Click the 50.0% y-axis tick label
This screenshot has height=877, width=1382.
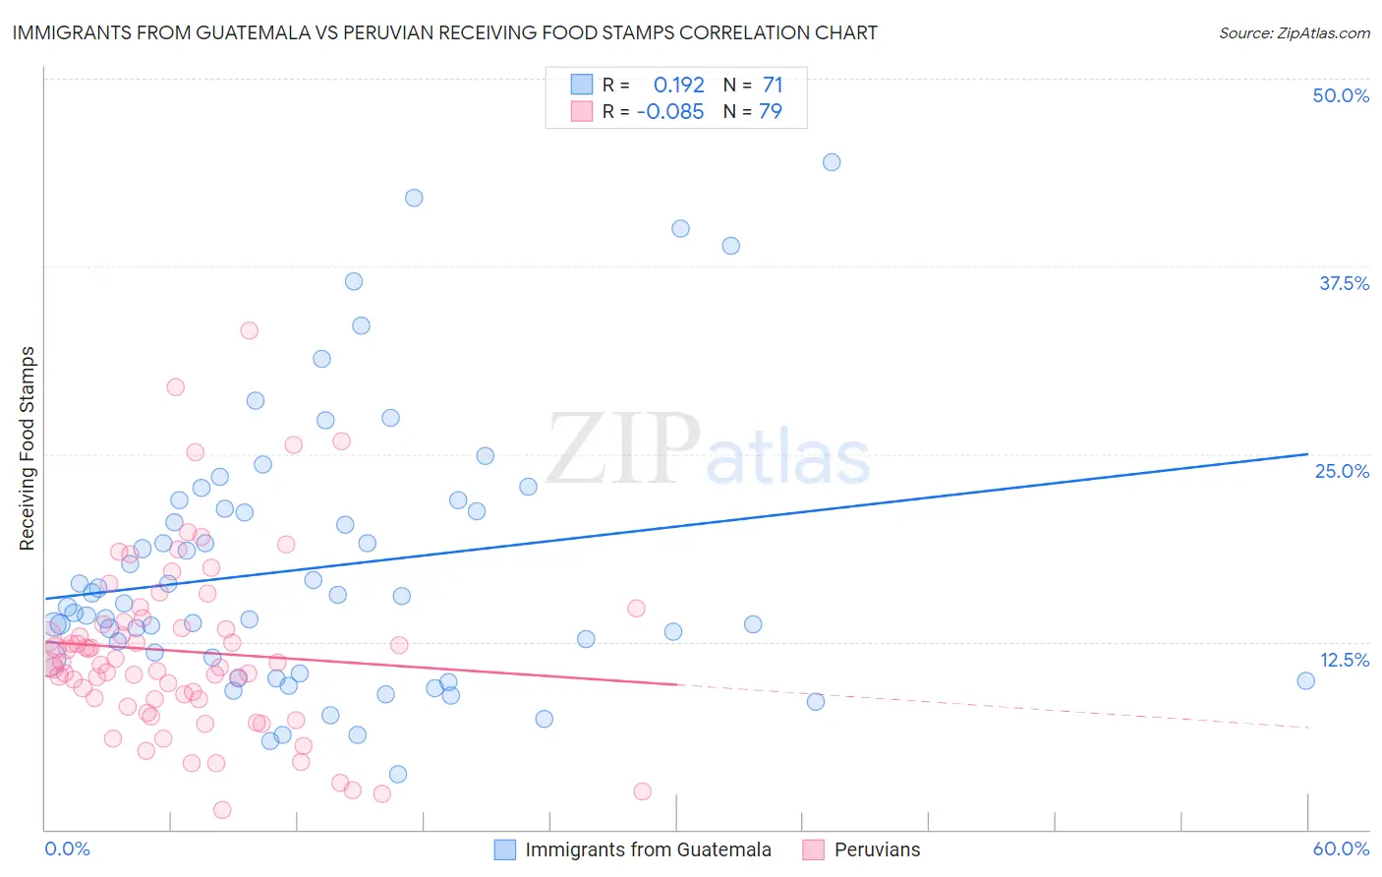pos(1341,95)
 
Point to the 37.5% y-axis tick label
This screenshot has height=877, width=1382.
pos(1344,283)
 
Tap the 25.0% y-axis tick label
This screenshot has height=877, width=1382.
pos(1342,471)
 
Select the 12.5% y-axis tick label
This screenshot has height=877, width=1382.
pos(1344,660)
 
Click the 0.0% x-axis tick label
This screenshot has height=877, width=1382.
pos(67,848)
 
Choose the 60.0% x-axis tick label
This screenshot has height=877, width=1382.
pos(1341,848)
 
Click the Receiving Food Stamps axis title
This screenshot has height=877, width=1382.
pos(28,448)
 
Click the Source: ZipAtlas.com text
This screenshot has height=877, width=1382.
pos(1294,32)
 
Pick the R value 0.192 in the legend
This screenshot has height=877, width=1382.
pos(678,86)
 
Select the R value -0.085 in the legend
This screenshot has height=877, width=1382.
pos(670,111)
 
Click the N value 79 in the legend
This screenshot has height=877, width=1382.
pos(771,111)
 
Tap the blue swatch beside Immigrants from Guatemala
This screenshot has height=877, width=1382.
pos(505,849)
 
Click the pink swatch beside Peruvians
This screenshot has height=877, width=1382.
pos(813,849)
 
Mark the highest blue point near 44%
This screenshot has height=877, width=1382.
pos(832,162)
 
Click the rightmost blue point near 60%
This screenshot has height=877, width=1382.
pos(1305,680)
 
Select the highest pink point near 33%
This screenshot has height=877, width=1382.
pos(249,330)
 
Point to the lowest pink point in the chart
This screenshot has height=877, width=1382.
pos(222,809)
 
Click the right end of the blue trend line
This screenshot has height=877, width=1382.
pos(1307,454)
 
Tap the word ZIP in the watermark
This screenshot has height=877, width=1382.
pos(623,449)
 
